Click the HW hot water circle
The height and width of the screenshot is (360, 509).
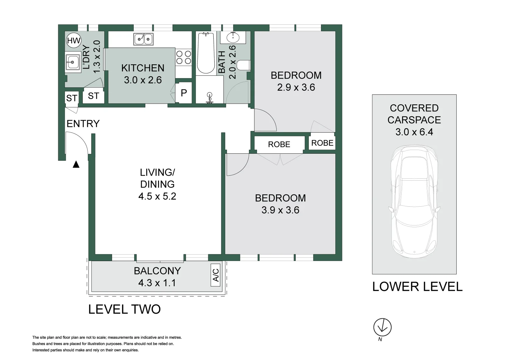tap(74, 40)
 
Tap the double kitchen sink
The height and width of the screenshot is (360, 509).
tap(143, 39)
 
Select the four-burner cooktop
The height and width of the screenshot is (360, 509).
tap(184, 57)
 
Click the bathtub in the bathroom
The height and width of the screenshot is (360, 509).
tap(206, 53)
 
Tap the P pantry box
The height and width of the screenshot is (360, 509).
tap(184, 93)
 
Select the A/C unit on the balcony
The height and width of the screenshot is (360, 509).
tap(215, 275)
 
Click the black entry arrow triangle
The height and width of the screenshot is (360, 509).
tap(76, 164)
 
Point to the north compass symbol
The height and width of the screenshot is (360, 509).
tap(382, 327)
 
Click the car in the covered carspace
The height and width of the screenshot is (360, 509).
tap(414, 202)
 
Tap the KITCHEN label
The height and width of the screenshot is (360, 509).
tap(143, 68)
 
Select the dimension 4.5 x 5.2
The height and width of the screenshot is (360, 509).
tap(157, 196)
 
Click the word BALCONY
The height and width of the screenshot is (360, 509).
tap(157, 271)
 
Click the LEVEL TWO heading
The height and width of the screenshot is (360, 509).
tap(124, 309)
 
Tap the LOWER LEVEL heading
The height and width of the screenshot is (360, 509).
tap(417, 286)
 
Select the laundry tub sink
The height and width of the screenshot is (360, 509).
tap(73, 62)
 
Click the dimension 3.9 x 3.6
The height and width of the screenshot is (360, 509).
tap(280, 210)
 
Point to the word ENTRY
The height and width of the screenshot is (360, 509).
tap(83, 124)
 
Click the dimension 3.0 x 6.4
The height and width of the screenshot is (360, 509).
tap(414, 132)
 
